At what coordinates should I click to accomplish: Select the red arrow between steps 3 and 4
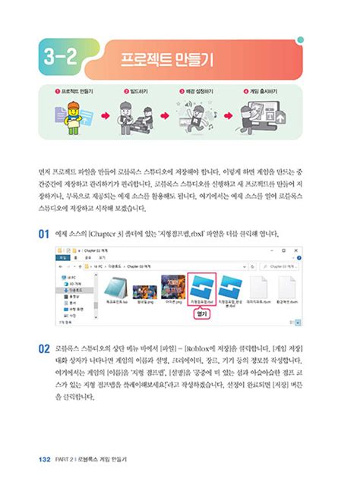[x=229, y=118]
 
